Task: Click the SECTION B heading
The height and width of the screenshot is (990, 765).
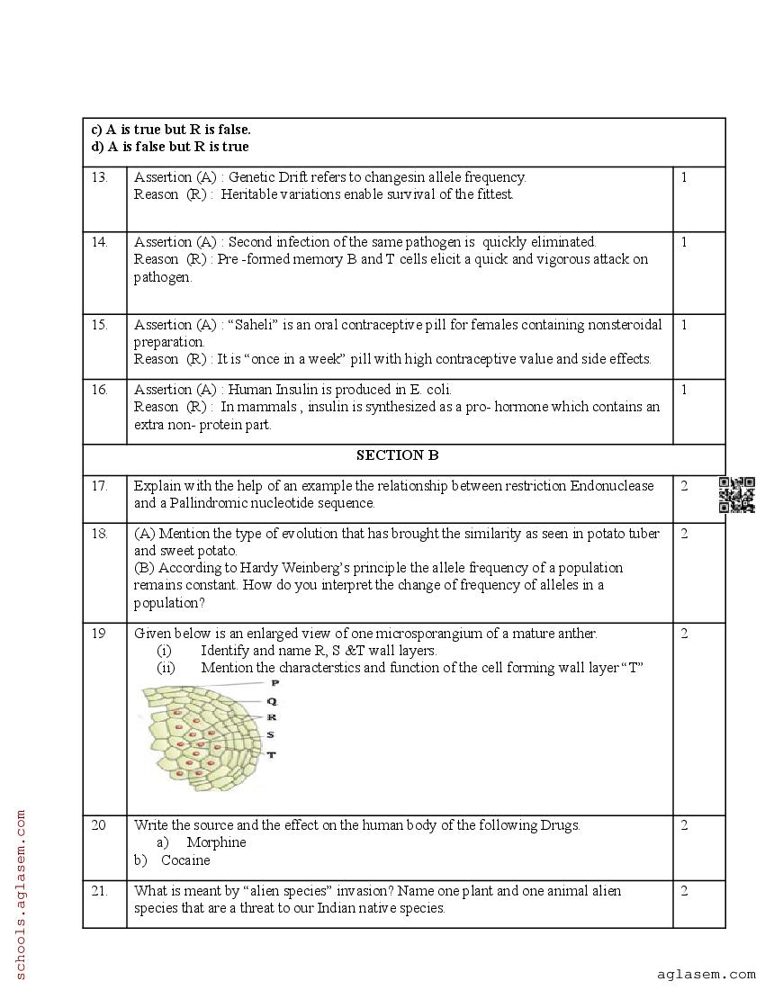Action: coord(397,455)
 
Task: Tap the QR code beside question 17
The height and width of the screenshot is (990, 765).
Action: coord(736,495)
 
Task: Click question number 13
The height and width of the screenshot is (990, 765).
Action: coord(99,177)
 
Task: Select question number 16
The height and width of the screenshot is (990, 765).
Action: coord(99,390)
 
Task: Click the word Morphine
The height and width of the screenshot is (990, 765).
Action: coord(216,842)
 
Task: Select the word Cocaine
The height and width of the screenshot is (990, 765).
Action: coord(185,860)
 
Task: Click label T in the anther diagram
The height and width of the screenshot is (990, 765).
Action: coord(271,754)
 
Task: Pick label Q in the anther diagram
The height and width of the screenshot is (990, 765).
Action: coord(272,700)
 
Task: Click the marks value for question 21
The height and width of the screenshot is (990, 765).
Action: coord(684,891)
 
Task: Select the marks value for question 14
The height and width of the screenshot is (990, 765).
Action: coord(684,242)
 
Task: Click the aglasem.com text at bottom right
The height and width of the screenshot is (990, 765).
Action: coord(706,974)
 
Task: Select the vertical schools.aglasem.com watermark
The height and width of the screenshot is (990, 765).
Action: coord(21,894)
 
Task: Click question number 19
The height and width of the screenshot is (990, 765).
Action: coord(98,634)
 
